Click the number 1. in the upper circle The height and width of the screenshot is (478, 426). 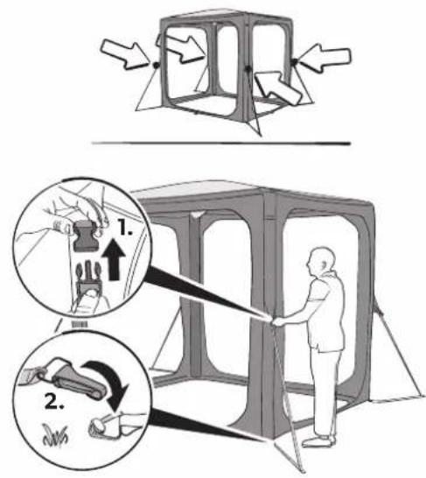pyautogui.click(x=125, y=228)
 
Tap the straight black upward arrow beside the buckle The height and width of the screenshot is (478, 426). pyautogui.click(x=114, y=259)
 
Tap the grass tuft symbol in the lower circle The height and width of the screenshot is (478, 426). pyautogui.click(x=55, y=435)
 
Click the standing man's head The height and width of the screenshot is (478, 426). pyautogui.click(x=320, y=262)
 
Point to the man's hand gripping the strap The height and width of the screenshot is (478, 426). pyautogui.click(x=277, y=321)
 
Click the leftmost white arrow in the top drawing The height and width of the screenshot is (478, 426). pyautogui.click(x=125, y=54)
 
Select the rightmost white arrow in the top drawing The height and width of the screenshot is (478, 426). pyautogui.click(x=325, y=58)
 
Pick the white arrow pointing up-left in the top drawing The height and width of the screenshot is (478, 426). pyautogui.click(x=278, y=88)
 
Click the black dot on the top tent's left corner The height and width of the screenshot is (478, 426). pyautogui.click(x=156, y=65)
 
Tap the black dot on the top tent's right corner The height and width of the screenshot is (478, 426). pyautogui.click(x=294, y=62)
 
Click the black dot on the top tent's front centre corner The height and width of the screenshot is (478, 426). pyautogui.click(x=248, y=68)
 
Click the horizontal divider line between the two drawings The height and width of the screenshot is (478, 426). pyautogui.click(x=221, y=143)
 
